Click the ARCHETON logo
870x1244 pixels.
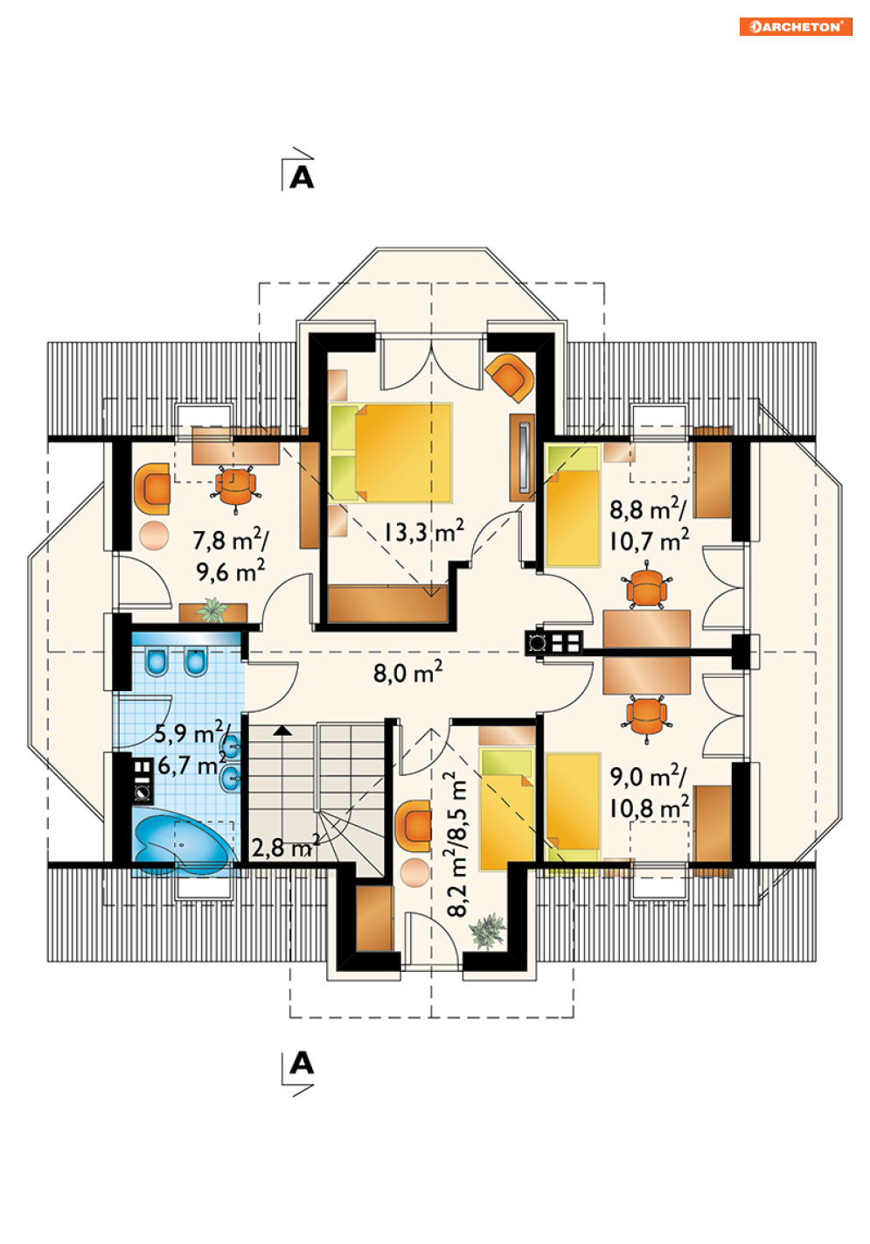[795, 26]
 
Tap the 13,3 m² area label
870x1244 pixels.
[423, 532]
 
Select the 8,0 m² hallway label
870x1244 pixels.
[407, 672]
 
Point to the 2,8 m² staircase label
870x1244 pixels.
[285, 848]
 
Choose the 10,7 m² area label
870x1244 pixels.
[649, 540]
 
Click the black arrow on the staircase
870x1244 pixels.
[282, 730]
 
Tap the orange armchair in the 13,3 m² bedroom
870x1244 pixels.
[511, 377]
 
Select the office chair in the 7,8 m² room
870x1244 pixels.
[235, 486]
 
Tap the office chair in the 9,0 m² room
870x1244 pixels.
[647, 717]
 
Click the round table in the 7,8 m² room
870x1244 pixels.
[154, 535]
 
